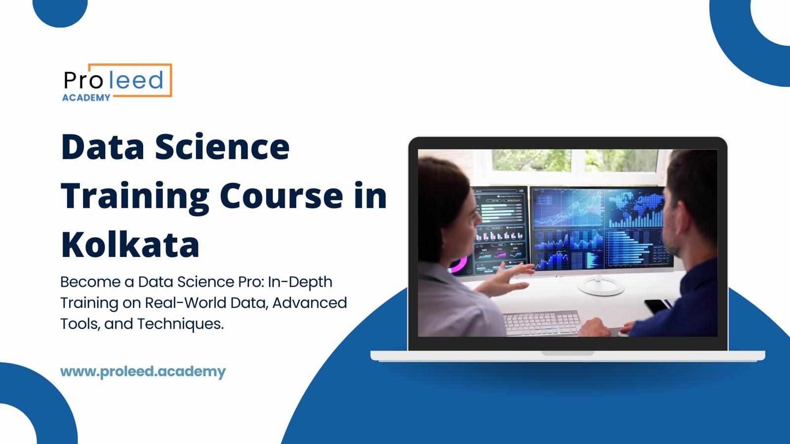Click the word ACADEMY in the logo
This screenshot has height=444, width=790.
86,98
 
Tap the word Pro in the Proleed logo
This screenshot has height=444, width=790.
82,80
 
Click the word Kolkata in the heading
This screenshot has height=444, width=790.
130,244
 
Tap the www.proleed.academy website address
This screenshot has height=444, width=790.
143,371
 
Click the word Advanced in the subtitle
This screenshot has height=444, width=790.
310,302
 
